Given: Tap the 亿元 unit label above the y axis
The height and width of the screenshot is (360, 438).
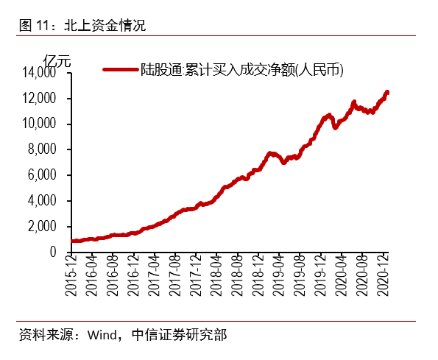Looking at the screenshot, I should point(57,60).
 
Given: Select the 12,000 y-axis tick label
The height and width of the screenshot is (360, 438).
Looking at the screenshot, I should point(42,99).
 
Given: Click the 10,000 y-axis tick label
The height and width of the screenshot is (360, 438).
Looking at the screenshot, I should point(42,124).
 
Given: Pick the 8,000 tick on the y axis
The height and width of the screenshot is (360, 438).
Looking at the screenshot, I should point(45,150).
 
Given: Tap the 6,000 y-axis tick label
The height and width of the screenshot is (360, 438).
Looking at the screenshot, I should point(45,175).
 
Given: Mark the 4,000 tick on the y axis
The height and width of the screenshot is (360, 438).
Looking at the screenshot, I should point(45,201).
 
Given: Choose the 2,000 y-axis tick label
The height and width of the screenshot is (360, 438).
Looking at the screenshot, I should point(45,227).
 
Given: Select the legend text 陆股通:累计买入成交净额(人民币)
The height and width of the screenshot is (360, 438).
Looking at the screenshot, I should point(242,70).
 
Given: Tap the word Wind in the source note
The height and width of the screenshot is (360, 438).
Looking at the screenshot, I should point(102,336).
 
